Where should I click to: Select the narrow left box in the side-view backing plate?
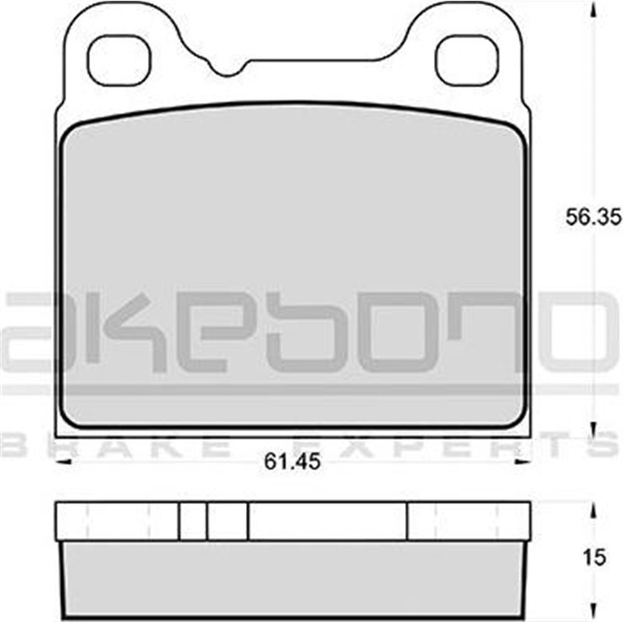coord(192,521)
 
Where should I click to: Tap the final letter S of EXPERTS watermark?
coord(604,447)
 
